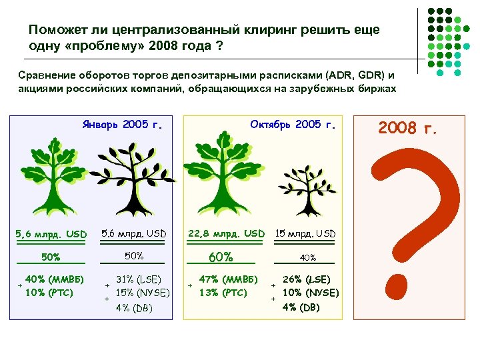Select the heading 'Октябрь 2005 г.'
(293, 124)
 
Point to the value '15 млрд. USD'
(306, 233)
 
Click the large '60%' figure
(221, 257)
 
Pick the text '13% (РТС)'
(223, 293)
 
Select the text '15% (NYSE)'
(142, 293)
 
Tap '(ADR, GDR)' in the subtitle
(348, 75)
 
